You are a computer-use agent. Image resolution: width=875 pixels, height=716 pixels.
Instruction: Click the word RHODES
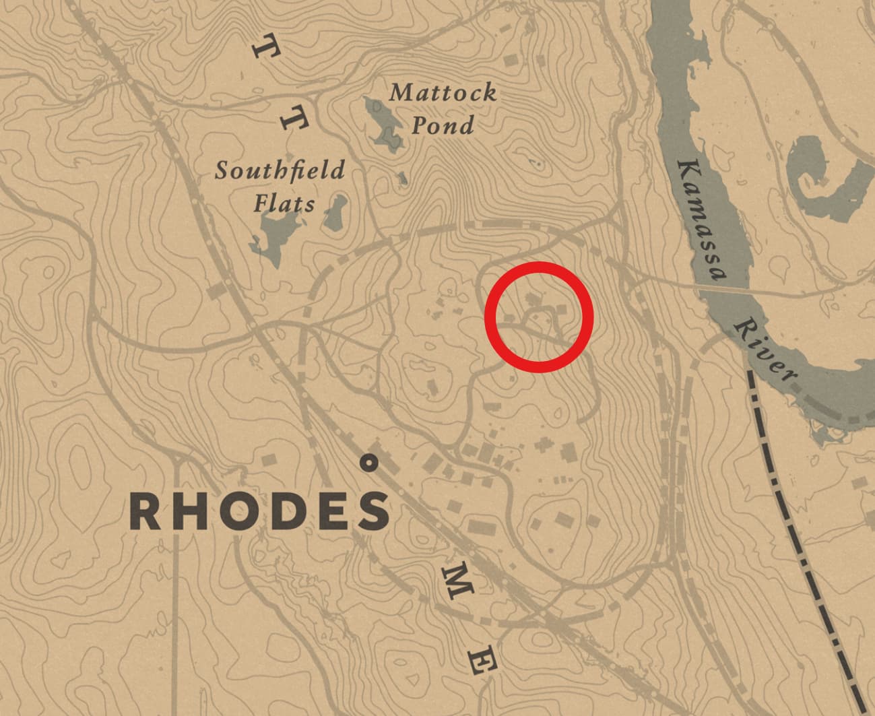click(x=260, y=511)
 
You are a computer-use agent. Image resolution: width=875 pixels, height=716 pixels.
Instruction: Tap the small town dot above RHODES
click(x=368, y=463)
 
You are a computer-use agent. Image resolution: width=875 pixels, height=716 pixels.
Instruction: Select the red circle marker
click(x=539, y=317)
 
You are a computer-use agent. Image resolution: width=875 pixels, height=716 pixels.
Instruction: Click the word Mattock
click(x=443, y=92)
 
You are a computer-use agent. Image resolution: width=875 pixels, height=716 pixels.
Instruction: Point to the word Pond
click(x=443, y=125)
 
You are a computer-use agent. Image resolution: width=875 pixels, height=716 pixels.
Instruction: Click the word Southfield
click(x=280, y=170)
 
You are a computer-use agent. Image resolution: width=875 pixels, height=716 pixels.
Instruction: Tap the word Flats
click(x=284, y=203)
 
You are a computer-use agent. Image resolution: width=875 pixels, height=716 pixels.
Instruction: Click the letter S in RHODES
click(x=372, y=511)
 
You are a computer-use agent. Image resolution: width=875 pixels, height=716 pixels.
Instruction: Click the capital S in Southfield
click(x=221, y=171)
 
